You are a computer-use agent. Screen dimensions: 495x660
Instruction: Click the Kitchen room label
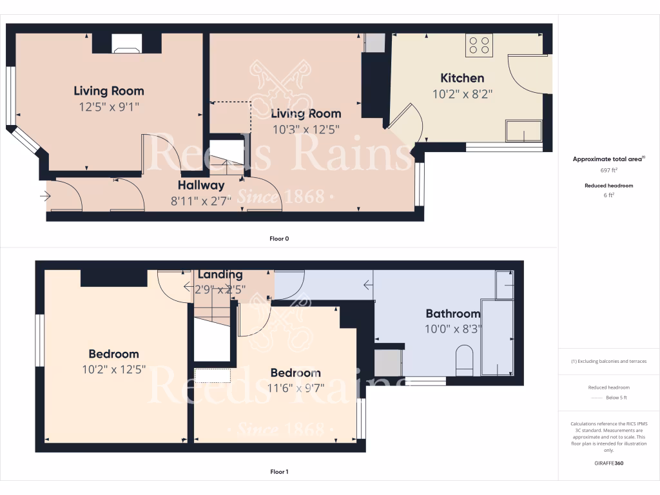pyautogui.click(x=462, y=78)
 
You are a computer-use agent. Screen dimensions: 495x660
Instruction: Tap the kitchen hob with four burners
pyautogui.click(x=479, y=44)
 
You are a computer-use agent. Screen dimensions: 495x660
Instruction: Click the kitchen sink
pyautogui.click(x=523, y=130)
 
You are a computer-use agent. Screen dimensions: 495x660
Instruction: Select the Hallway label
pyautogui.click(x=201, y=186)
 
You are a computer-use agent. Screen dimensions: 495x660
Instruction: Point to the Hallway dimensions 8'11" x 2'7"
pyautogui.click(x=201, y=200)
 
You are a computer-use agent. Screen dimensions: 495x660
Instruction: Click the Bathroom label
pyautogui.click(x=453, y=314)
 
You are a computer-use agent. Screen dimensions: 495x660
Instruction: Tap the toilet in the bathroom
pyautogui.click(x=464, y=360)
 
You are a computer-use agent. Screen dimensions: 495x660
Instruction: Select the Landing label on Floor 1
pyautogui.click(x=220, y=275)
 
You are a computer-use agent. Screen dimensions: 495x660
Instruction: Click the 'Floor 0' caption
pyautogui.click(x=279, y=238)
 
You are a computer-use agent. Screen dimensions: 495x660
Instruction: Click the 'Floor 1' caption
pyautogui.click(x=279, y=472)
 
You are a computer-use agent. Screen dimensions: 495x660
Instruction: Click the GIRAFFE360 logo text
pyautogui.click(x=609, y=463)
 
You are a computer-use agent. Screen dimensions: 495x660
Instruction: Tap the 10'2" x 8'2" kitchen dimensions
pyautogui.click(x=462, y=93)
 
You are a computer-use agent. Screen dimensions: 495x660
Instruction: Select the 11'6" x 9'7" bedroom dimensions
pyautogui.click(x=295, y=388)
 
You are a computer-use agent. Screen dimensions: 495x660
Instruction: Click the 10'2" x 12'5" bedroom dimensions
pyautogui.click(x=113, y=369)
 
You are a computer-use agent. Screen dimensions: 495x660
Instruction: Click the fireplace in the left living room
pyautogui.click(x=126, y=43)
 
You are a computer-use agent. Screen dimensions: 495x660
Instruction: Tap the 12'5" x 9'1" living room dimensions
pyautogui.click(x=109, y=106)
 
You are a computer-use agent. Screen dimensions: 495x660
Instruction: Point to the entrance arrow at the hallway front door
pyautogui.click(x=46, y=195)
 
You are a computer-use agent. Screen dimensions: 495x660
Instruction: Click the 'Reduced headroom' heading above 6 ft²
pyautogui.click(x=609, y=186)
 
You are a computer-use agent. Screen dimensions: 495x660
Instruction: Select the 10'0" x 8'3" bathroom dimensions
pyautogui.click(x=453, y=328)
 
